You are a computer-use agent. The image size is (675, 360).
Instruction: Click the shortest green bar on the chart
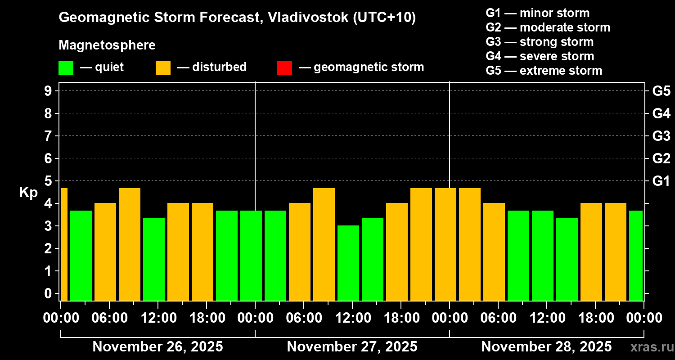pyautogui.click(x=348, y=263)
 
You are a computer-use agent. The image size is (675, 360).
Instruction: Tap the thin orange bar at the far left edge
pyautogui.click(x=64, y=244)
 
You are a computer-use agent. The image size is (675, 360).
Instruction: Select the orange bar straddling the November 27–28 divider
pyautogui.click(x=445, y=244)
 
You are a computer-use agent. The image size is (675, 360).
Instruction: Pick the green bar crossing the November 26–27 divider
pyautogui.click(x=251, y=255)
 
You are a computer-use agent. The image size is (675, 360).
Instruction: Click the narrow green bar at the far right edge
pyautogui.click(x=635, y=255)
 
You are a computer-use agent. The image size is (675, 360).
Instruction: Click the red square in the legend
pyautogui.click(x=284, y=67)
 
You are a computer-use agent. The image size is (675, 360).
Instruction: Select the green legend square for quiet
pyautogui.click(x=66, y=67)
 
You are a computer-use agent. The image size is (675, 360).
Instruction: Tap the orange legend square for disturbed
pyautogui.click(x=163, y=67)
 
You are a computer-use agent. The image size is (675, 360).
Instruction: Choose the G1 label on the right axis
pyautogui.click(x=661, y=181)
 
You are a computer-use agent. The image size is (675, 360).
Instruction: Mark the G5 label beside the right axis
pyautogui.click(x=661, y=91)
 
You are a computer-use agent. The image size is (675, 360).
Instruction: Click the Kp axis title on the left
pyautogui.click(x=28, y=193)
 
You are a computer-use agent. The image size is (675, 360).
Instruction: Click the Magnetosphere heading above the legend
pyautogui.click(x=107, y=45)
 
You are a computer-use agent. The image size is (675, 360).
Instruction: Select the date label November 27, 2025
pyautogui.click(x=352, y=347)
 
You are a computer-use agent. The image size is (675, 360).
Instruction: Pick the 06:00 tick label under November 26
pyautogui.click(x=110, y=318)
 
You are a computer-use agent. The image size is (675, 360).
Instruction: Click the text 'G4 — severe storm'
pyautogui.click(x=540, y=56)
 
